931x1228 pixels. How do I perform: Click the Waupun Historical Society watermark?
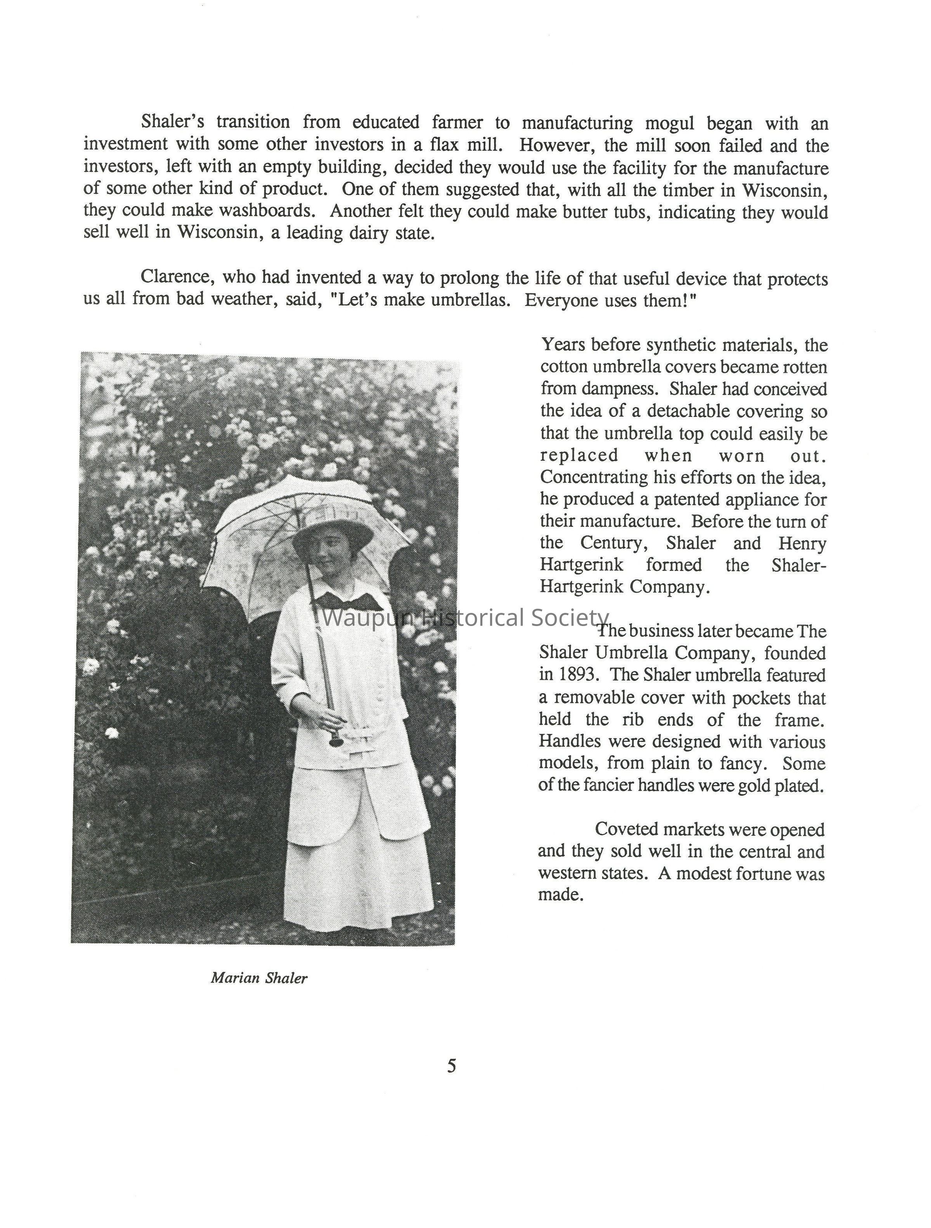tap(465, 617)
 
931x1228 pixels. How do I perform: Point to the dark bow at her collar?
tap(351, 601)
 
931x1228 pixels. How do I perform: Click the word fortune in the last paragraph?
tap(763, 873)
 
